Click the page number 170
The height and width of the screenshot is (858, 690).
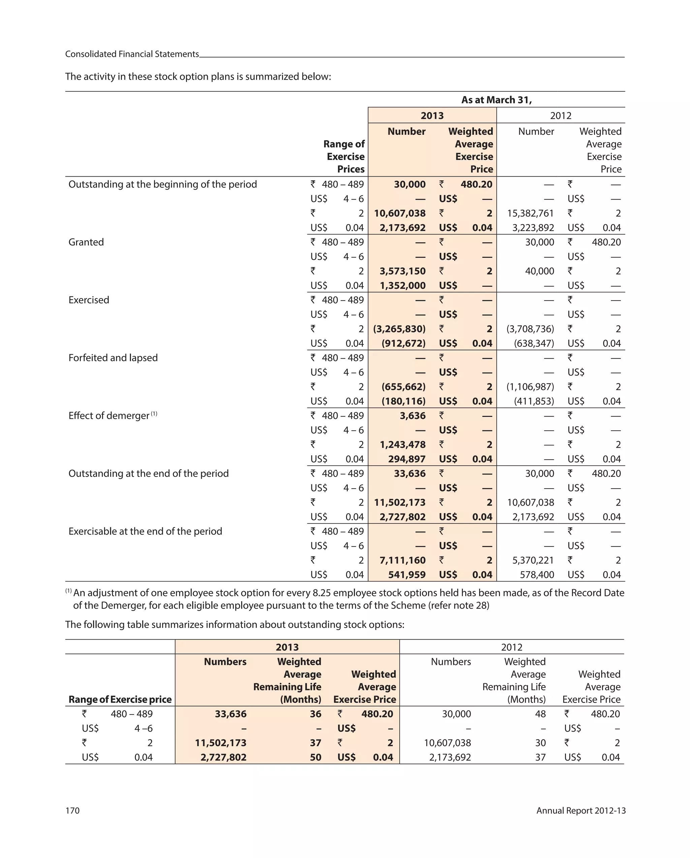(x=72, y=810)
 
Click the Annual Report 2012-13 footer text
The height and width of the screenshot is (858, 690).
(x=581, y=810)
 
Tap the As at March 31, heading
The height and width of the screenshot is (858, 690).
(x=496, y=99)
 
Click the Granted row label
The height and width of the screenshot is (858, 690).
(x=86, y=242)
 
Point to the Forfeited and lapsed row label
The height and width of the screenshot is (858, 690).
(x=113, y=358)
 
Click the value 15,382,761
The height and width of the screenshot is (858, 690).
(x=530, y=213)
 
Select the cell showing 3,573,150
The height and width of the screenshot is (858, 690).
(x=402, y=271)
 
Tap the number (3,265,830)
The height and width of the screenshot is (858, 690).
(x=399, y=329)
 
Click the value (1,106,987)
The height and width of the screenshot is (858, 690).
(x=530, y=387)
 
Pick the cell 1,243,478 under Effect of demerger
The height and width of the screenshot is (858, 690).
(x=402, y=445)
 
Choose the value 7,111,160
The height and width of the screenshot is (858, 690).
(x=402, y=560)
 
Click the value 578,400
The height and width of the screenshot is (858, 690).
(x=537, y=575)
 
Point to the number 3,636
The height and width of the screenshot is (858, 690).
(x=412, y=416)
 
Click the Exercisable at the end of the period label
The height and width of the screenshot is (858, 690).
(x=145, y=531)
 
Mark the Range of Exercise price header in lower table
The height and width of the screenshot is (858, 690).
(x=120, y=699)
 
